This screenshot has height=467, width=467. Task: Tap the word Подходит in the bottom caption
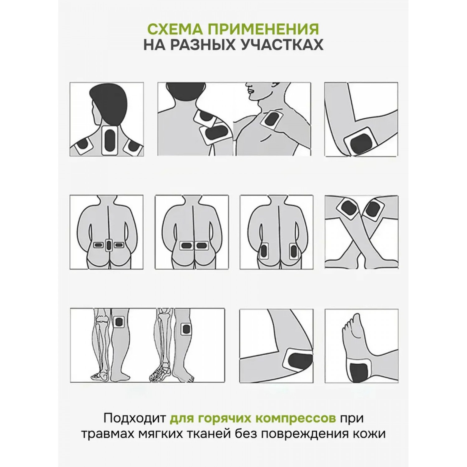pos(135,418)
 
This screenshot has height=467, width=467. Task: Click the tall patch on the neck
pos(110,140)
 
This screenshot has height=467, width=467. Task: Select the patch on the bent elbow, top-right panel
pos(362,142)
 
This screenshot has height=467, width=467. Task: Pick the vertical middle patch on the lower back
pos(108,245)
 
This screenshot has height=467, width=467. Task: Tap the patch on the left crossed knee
pos(348,208)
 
